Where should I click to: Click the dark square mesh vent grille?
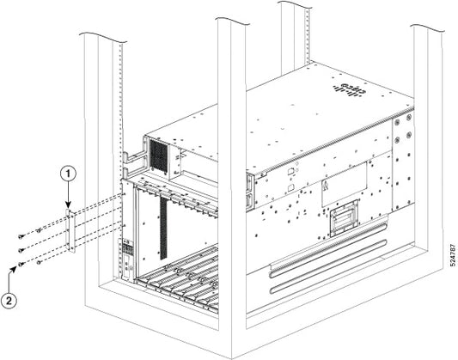[x=159, y=154]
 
